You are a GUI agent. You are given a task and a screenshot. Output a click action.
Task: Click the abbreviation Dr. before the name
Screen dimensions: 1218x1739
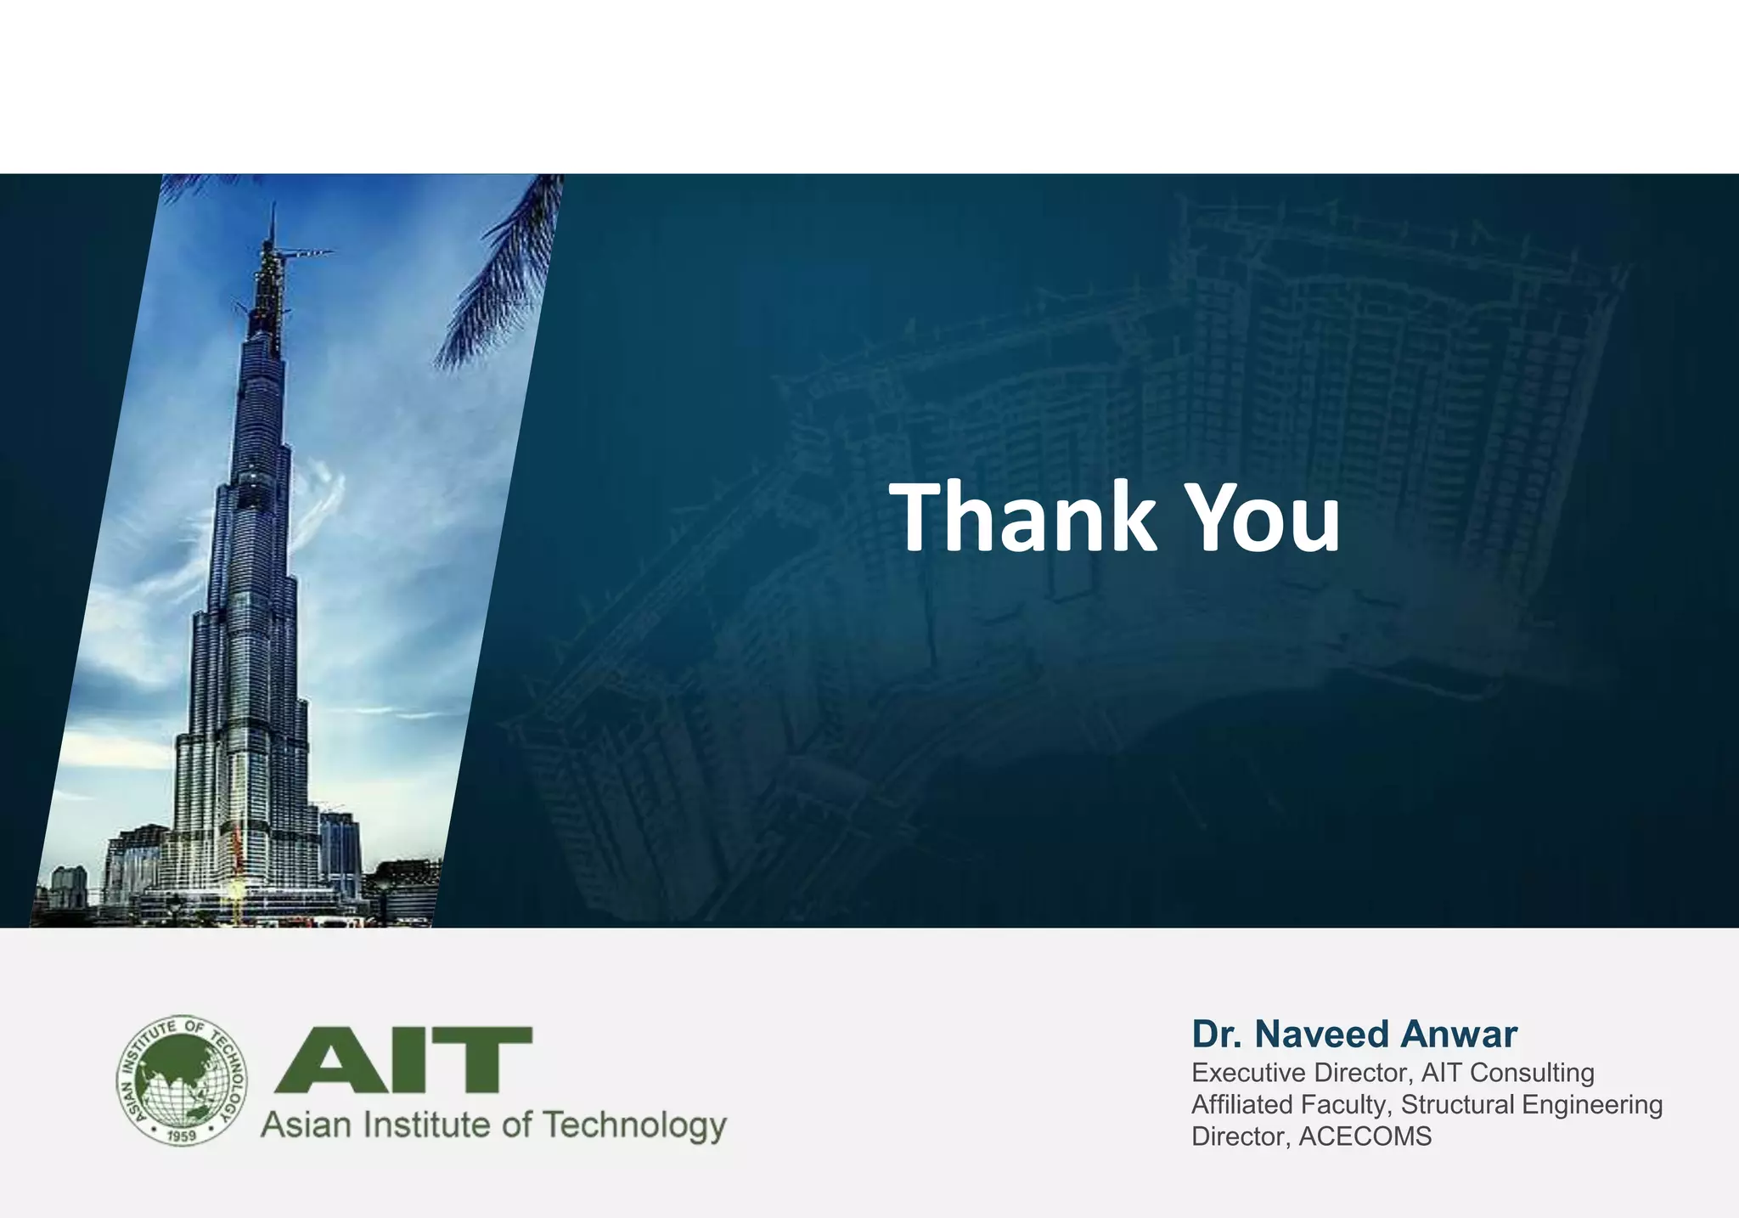coord(1218,1035)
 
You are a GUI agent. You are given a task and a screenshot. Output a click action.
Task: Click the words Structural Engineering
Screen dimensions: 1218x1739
coord(1531,1105)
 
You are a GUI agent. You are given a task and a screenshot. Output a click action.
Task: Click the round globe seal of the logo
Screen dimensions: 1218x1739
coord(182,1080)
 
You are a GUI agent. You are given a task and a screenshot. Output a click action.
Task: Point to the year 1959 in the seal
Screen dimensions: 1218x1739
coord(182,1135)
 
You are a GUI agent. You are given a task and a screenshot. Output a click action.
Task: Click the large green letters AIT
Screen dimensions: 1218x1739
coord(404,1059)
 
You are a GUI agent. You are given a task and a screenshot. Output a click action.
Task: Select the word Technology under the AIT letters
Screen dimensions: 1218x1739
coord(634,1125)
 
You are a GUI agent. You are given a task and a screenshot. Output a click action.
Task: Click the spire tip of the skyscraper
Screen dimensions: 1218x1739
coord(273,209)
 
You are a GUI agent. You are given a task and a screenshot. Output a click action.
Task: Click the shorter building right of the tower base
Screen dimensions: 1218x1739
coord(340,849)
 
